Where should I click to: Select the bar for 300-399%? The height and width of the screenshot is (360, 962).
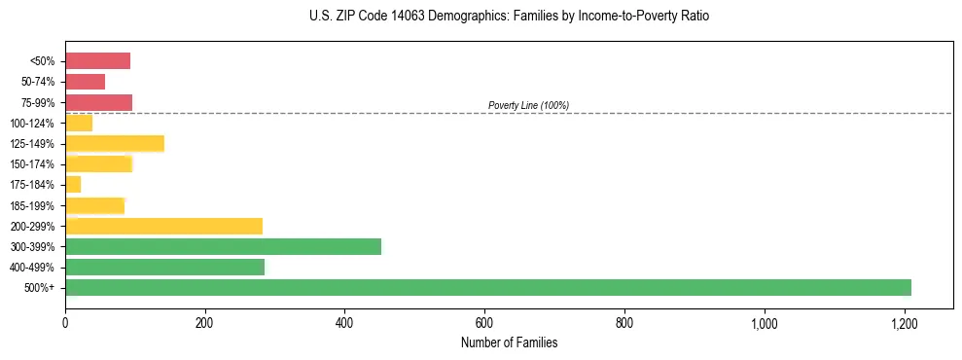pyautogui.click(x=224, y=246)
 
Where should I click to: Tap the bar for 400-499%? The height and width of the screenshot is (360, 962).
pyautogui.click(x=165, y=267)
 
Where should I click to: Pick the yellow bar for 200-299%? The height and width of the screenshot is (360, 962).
pyautogui.click(x=164, y=226)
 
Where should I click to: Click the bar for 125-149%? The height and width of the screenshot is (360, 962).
pyautogui.click(x=115, y=144)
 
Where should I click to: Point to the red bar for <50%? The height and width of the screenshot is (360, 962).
pyautogui.click(x=97, y=61)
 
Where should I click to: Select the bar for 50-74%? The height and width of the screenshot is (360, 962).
pyautogui.click(x=85, y=82)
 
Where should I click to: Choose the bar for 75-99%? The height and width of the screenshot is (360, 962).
pyautogui.click(x=98, y=102)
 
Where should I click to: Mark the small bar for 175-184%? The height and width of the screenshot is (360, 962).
pyautogui.click(x=73, y=185)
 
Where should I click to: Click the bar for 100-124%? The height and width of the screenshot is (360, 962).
pyautogui.click(x=79, y=124)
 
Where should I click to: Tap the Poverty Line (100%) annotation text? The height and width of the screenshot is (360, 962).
pyautogui.click(x=528, y=105)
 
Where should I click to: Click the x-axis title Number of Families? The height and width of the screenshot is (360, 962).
pyautogui.click(x=510, y=342)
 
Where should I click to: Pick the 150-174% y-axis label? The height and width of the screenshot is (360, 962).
pyautogui.click(x=33, y=164)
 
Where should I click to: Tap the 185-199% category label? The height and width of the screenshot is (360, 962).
pyautogui.click(x=33, y=205)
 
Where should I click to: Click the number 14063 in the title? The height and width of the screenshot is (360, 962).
pyautogui.click(x=389, y=17)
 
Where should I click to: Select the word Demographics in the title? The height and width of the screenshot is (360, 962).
pyautogui.click(x=449, y=17)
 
